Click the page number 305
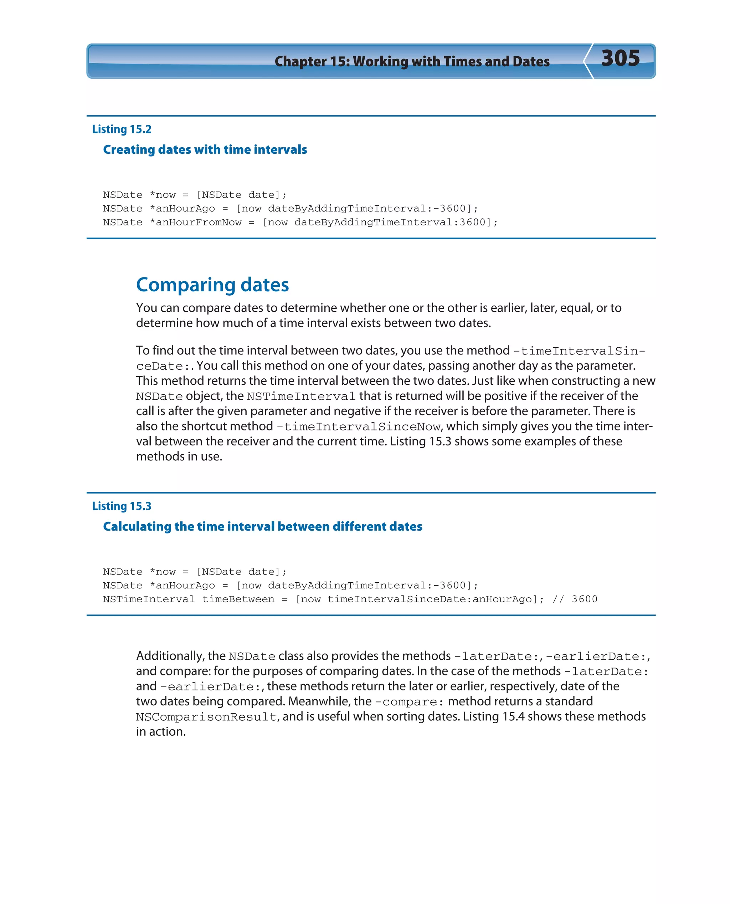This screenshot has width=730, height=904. [x=620, y=58]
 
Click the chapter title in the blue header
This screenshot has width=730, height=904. [x=412, y=61]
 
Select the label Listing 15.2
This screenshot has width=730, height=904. [x=122, y=129]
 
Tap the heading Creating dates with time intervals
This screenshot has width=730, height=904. [x=205, y=150]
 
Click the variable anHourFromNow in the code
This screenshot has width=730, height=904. [x=199, y=223]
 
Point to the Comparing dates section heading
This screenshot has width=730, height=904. [x=212, y=285]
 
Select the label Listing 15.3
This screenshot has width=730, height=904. [x=122, y=506]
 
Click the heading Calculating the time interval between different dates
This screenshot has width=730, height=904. [x=262, y=527]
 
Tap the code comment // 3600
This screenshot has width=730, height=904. [x=575, y=599]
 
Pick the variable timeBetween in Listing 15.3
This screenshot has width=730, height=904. [x=238, y=599]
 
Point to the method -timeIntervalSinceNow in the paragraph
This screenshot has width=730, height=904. [x=359, y=427]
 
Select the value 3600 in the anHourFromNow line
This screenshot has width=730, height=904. [x=472, y=223]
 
